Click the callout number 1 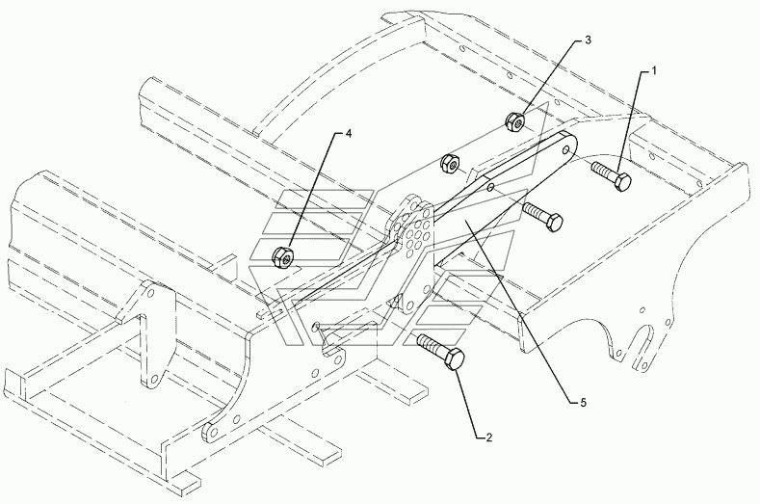tap(653, 71)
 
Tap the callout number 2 tap(488, 438)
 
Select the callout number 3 tap(588, 40)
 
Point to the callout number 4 tap(348, 134)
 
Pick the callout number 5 tap(583, 402)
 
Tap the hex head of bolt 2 tap(454, 359)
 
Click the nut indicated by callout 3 tap(514, 120)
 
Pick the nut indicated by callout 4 tap(282, 257)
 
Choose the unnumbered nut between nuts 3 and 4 tap(449, 164)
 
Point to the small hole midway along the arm tap(490, 187)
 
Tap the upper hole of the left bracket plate tap(150, 294)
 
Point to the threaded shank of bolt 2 tap(430, 343)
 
